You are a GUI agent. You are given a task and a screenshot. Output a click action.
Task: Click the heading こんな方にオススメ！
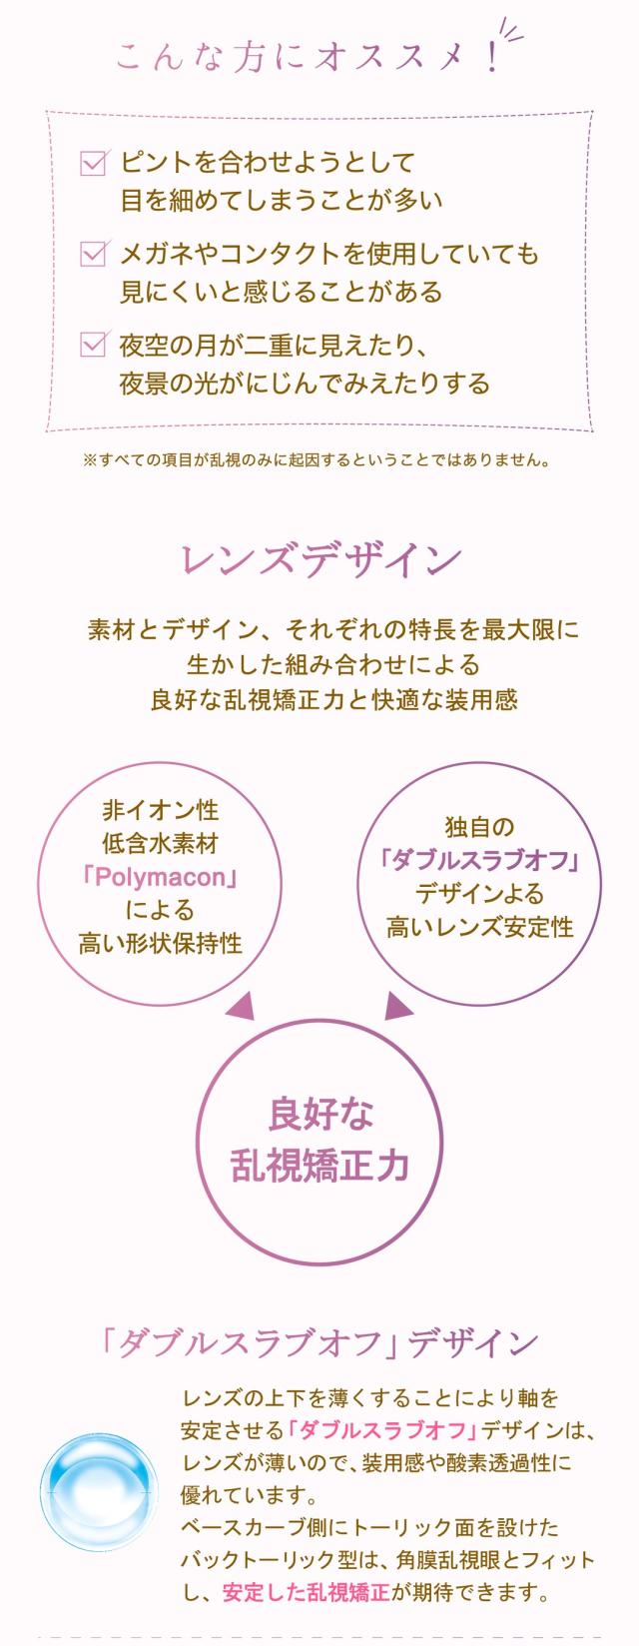pos(305,56)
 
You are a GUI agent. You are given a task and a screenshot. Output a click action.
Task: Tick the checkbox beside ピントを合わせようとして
pos(93,162)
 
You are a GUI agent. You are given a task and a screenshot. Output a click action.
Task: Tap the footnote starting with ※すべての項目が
pos(317,460)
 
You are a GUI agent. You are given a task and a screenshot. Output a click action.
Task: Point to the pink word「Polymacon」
pos(161,877)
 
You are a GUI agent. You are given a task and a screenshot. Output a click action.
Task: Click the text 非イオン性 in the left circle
pos(161,810)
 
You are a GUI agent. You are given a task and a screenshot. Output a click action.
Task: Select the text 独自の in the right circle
pos(479,827)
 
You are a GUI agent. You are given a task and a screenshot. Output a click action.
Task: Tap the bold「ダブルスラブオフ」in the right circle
pos(479,860)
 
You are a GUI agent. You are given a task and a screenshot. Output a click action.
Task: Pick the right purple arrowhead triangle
pos(398,1007)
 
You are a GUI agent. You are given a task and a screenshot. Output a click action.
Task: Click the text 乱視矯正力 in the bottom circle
pos(319,1165)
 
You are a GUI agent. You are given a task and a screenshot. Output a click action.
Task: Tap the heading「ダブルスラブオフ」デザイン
pos(319,1343)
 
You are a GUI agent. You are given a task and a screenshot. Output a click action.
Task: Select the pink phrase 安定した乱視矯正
pos(306,1591)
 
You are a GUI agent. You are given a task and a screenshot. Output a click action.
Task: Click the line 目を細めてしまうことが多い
pos(281,200)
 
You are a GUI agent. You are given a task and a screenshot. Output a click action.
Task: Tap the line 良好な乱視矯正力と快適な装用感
pos(333,699)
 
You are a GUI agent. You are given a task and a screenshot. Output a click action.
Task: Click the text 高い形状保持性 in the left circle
pos(161,944)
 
